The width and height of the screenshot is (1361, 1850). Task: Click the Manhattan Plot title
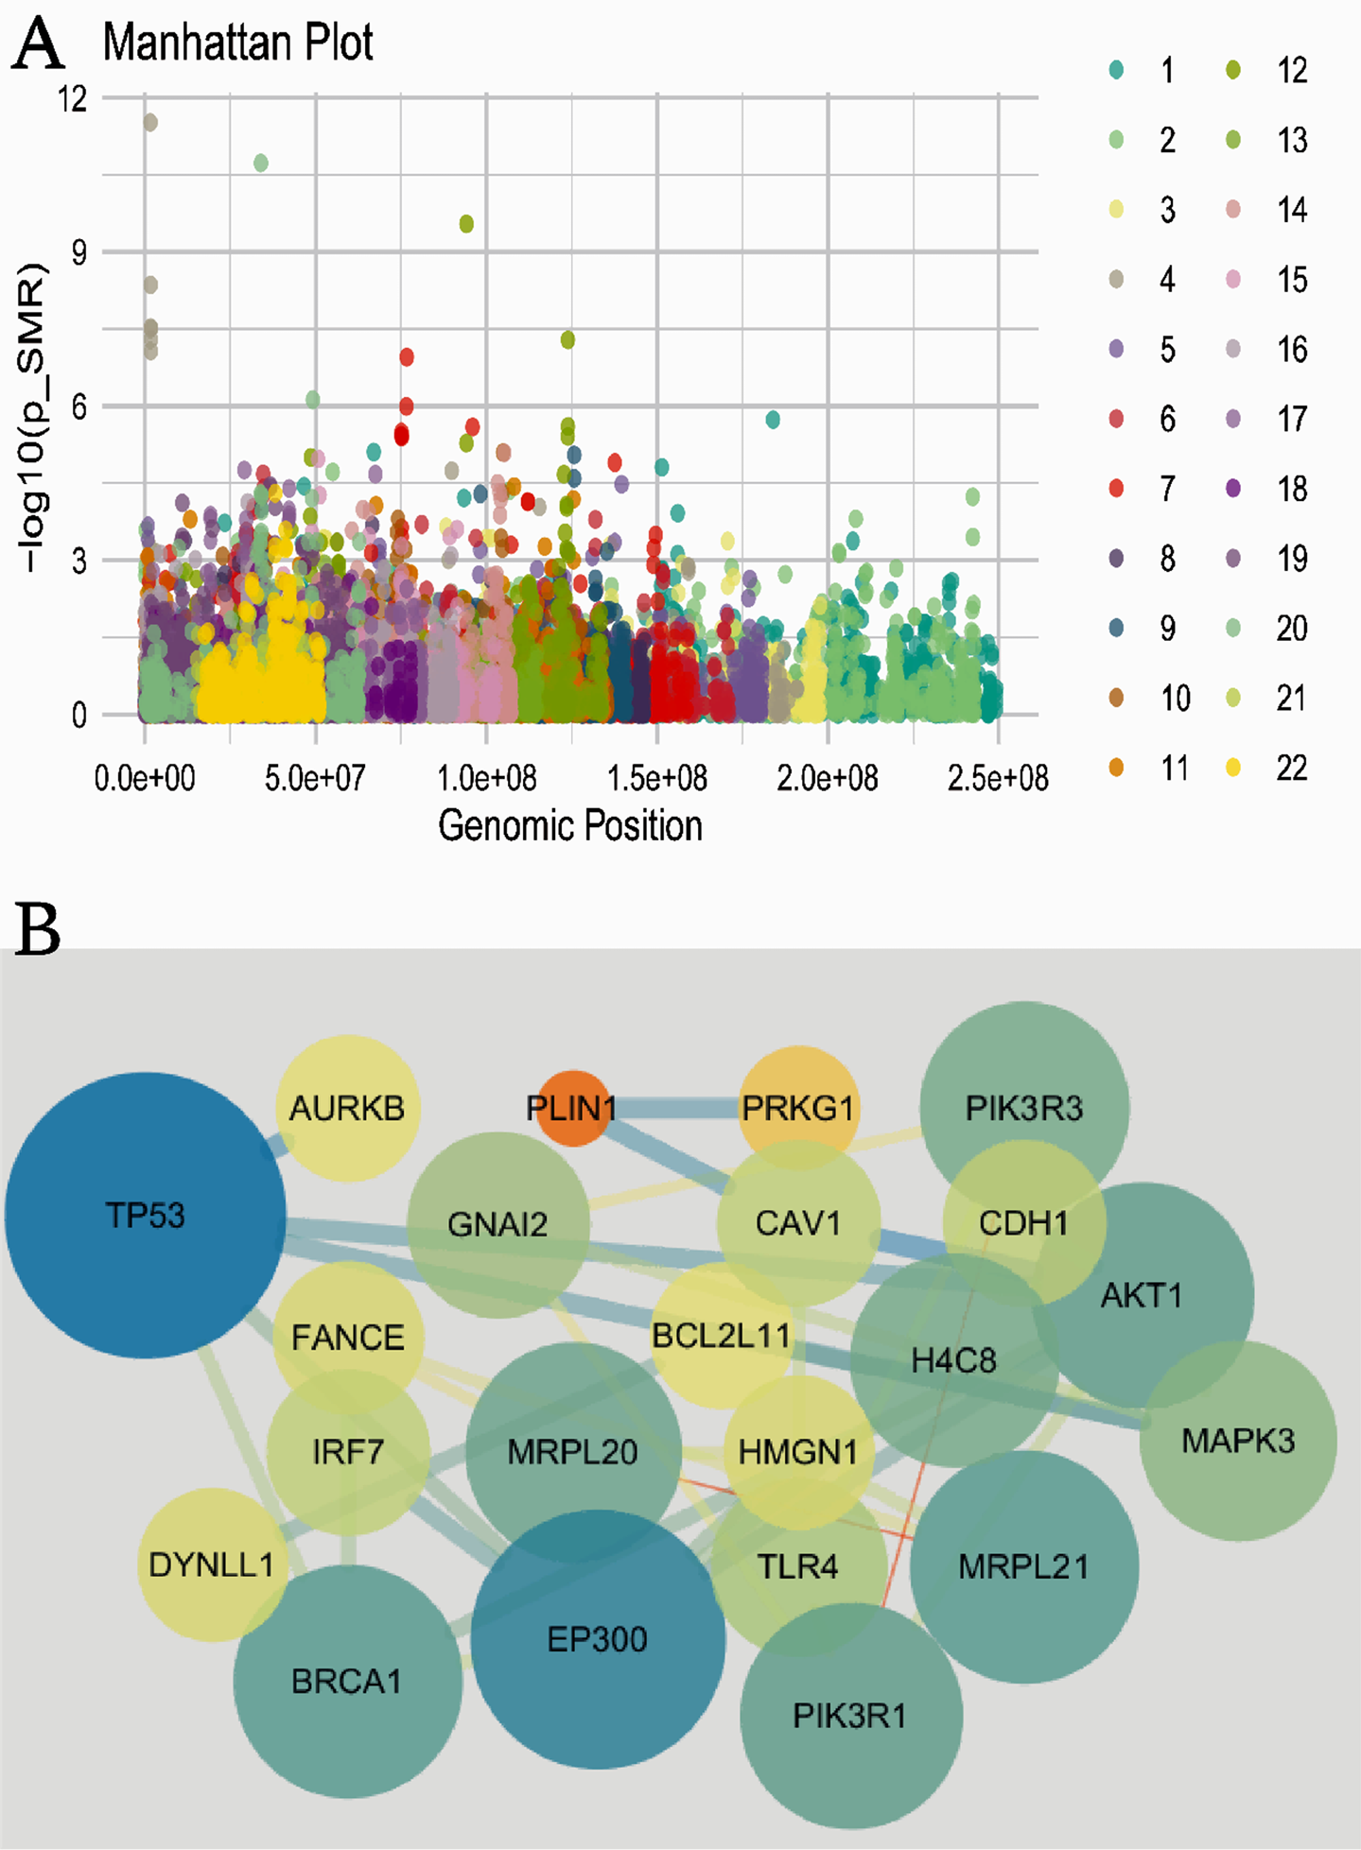tap(237, 43)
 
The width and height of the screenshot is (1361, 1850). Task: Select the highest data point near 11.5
tap(149, 122)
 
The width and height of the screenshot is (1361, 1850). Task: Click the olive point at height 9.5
tap(466, 224)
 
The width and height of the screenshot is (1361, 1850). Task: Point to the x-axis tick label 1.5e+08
tap(657, 779)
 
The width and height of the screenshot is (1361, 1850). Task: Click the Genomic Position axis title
tap(570, 825)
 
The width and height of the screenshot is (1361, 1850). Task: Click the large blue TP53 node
tap(145, 1215)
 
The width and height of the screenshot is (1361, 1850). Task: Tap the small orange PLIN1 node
tap(572, 1108)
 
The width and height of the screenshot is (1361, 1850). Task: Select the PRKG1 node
tap(798, 1108)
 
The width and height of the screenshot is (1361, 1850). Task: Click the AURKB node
tap(347, 1108)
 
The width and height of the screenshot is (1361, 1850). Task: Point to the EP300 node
tap(598, 1639)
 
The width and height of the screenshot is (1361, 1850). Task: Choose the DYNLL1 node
tap(212, 1565)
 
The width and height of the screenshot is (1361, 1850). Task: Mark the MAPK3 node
tap(1237, 1441)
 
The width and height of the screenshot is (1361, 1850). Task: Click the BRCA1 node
tap(347, 1681)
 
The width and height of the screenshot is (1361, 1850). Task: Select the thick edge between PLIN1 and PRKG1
tap(675, 1108)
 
